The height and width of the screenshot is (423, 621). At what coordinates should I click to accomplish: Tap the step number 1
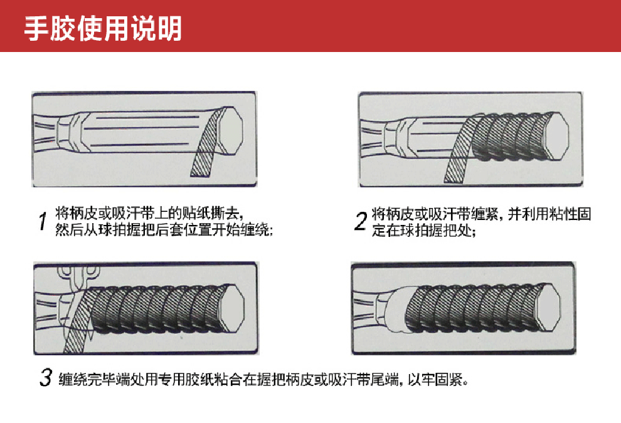click(x=43, y=221)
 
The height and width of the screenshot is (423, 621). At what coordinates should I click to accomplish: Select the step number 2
click(x=361, y=221)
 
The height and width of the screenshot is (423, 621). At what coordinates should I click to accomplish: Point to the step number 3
click(x=45, y=378)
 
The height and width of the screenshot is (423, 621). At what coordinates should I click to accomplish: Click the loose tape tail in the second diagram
click(x=457, y=157)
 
